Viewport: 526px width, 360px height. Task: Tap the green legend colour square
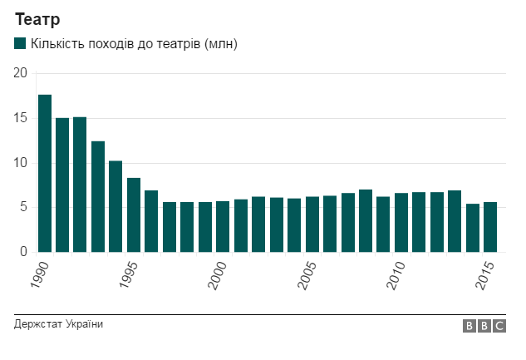click(x=20, y=43)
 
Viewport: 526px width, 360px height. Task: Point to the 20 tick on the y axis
click(x=21, y=73)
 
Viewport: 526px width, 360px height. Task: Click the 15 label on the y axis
click(x=21, y=118)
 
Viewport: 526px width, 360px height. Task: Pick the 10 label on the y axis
click(x=21, y=163)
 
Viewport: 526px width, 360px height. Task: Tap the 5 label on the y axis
click(x=24, y=207)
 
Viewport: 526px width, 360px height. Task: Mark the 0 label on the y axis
click(x=24, y=252)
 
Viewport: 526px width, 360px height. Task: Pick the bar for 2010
click(x=401, y=222)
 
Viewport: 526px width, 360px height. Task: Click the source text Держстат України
click(x=59, y=324)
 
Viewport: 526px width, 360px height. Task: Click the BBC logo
click(x=484, y=327)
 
